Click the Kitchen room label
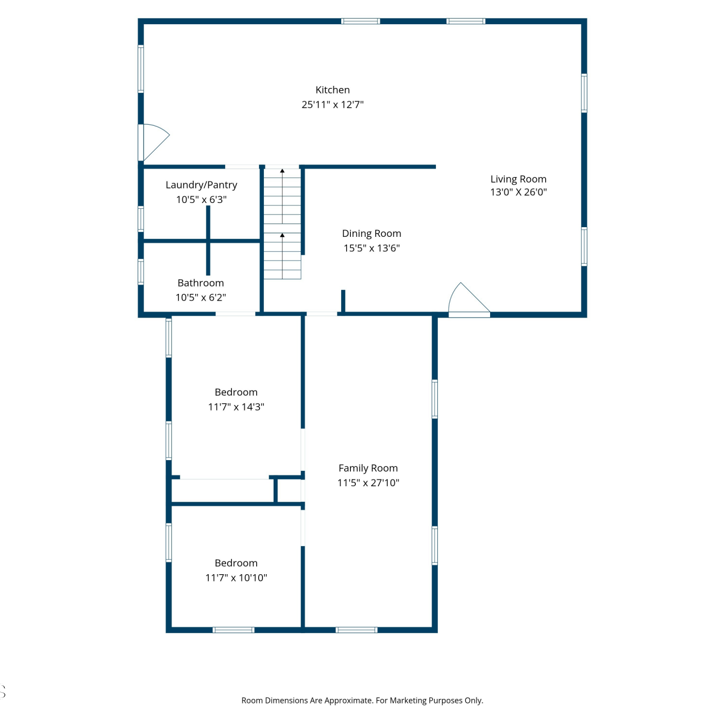click(333, 90)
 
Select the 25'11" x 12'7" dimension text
click(333, 104)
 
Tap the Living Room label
click(519, 179)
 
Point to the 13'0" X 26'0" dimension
click(519, 192)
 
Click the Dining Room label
click(372, 233)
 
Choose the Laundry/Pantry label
click(202, 185)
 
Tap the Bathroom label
click(201, 283)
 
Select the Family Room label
click(368, 468)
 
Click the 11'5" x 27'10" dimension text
click(368, 483)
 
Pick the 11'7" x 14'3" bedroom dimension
click(236, 407)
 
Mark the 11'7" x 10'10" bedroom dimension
click(236, 578)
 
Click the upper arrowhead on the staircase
click(282, 171)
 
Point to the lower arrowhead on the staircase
click(282, 235)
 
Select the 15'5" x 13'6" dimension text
click(372, 248)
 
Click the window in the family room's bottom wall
click(357, 630)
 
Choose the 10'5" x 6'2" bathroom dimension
click(201, 297)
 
